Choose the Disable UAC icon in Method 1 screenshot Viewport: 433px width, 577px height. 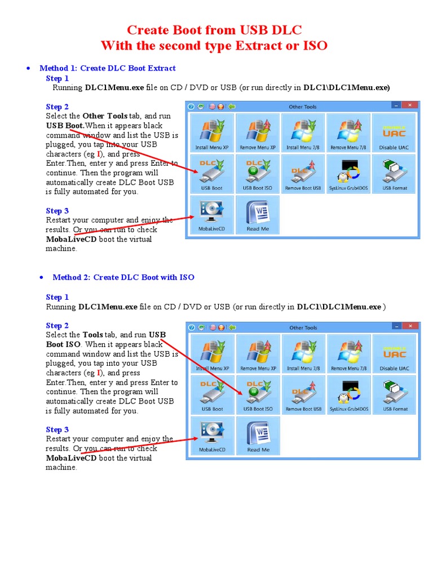coord(395,132)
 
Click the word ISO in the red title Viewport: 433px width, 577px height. coord(314,45)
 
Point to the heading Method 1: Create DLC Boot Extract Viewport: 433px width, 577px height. coord(108,68)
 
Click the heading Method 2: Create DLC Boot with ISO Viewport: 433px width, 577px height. coord(123,277)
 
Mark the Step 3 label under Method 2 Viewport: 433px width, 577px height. coord(58,429)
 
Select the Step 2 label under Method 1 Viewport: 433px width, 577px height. coord(58,106)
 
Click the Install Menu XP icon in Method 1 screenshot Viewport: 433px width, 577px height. coord(212,132)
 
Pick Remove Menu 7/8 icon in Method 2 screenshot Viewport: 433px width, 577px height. coord(349,353)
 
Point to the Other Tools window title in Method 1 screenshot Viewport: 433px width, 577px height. coord(303,106)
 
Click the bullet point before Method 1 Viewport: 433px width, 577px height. coord(28,69)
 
